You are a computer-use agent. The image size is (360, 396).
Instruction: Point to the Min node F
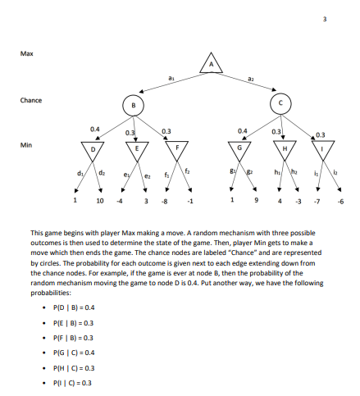coord(177,151)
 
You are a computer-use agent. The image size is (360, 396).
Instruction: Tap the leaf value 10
coord(99,199)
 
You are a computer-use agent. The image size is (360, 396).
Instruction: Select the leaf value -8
coord(165,199)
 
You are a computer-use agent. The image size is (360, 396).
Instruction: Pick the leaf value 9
coord(255,199)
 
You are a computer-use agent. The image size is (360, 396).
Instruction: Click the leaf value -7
coord(317,199)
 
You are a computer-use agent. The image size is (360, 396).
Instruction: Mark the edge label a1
coord(169,75)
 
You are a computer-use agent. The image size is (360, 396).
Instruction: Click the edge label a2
coord(251,75)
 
